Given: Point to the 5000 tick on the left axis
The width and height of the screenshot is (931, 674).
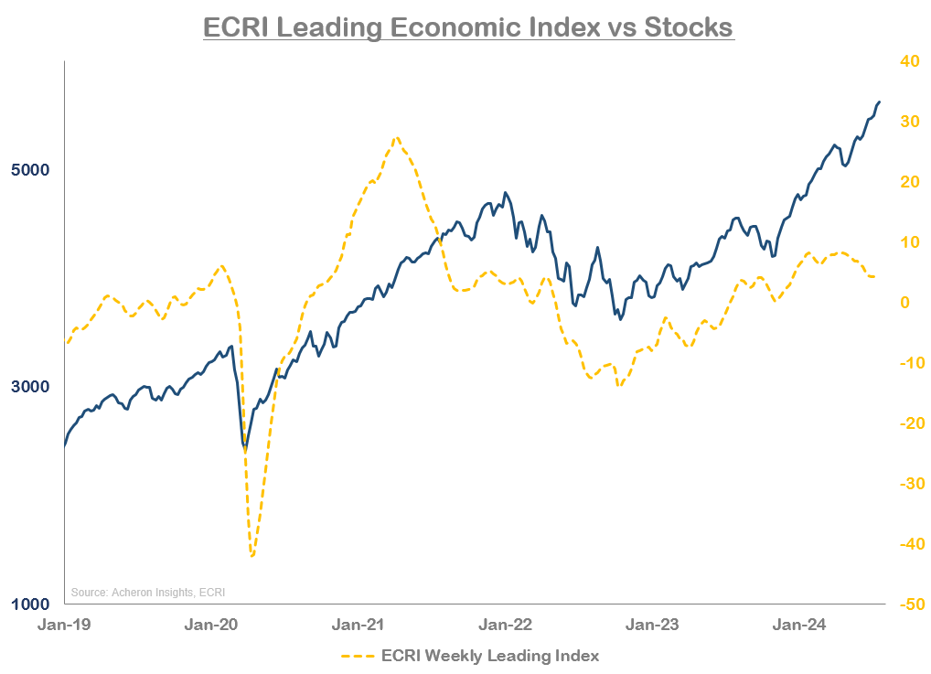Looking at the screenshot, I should tap(31, 170).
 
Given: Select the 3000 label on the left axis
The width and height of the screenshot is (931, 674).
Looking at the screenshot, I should tap(31, 387).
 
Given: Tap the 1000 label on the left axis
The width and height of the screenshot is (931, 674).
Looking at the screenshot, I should tap(31, 604).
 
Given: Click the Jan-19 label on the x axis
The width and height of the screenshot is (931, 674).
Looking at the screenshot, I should tap(63, 626).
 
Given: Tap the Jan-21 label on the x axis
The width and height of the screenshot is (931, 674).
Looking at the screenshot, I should tap(358, 626).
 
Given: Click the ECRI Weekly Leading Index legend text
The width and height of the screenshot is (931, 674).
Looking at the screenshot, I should tap(489, 656).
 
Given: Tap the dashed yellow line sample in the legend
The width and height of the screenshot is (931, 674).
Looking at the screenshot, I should tap(358, 657).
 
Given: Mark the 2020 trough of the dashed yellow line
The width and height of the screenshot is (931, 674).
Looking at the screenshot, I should tap(251, 555).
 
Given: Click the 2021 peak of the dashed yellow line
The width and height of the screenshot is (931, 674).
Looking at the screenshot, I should tap(396, 138).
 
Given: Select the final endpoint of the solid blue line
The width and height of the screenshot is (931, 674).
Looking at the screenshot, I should tap(880, 102).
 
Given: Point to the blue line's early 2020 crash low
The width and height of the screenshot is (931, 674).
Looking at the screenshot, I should tap(245, 448).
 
